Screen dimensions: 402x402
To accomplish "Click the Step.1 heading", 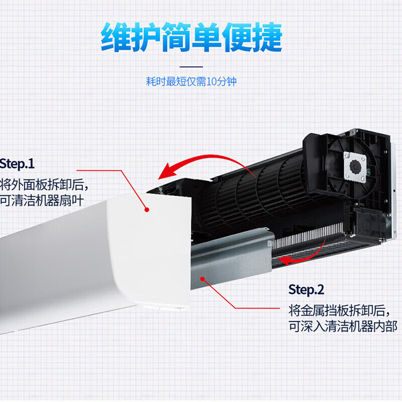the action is pyautogui.click(x=17, y=163).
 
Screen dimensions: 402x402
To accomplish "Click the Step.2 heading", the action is pyautogui.click(x=306, y=290).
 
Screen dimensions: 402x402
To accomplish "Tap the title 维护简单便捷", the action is pyautogui.click(x=192, y=37).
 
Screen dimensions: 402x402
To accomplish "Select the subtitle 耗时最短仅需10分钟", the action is pyautogui.click(x=191, y=82).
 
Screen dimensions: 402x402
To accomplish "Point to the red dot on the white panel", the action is pyautogui.click(x=147, y=210).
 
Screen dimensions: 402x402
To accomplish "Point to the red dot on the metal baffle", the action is pyautogui.click(x=202, y=279).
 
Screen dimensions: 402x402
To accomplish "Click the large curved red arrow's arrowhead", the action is pyautogui.click(x=168, y=171).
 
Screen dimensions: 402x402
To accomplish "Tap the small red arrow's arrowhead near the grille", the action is pyautogui.click(x=284, y=261).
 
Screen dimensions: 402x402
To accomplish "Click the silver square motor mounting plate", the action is pyautogui.click(x=355, y=167).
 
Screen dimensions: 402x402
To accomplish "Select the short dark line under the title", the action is pyautogui.click(x=191, y=67).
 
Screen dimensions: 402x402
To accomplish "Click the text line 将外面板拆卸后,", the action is pyautogui.click(x=43, y=184).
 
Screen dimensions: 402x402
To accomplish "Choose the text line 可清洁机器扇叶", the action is pyautogui.click(x=41, y=200).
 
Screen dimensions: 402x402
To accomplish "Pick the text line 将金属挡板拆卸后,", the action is pyautogui.click(x=339, y=310).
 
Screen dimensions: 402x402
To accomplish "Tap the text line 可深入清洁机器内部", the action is pyautogui.click(x=343, y=327).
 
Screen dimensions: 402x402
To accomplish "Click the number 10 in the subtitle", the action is pyautogui.click(x=212, y=82).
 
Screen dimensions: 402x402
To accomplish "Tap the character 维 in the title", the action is pyautogui.click(x=116, y=38).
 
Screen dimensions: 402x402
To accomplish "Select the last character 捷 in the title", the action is pyautogui.click(x=267, y=38).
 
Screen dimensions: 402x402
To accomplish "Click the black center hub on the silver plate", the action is pyautogui.click(x=356, y=167).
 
